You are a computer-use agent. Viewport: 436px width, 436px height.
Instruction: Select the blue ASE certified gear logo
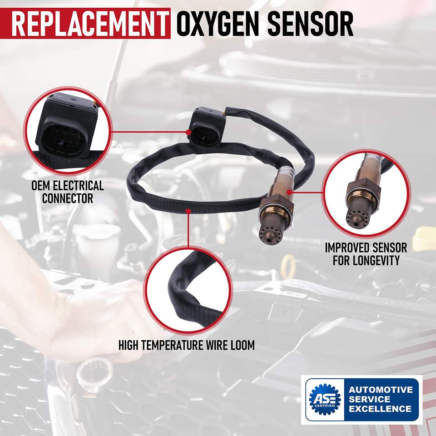click(x=325, y=399)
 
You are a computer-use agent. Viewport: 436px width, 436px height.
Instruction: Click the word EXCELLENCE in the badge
click(x=380, y=409)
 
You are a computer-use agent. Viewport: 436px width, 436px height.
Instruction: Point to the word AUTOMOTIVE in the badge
click(x=381, y=390)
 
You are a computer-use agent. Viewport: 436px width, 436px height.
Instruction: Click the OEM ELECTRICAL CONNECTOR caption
click(x=68, y=192)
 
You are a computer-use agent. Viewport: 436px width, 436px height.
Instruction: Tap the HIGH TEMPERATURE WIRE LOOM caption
click(x=187, y=345)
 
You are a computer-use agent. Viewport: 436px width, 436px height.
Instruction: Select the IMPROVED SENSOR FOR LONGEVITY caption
click(x=366, y=254)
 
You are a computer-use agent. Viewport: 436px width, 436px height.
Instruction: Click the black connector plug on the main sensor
click(x=208, y=127)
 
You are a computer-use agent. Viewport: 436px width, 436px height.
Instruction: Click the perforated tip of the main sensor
click(x=270, y=233)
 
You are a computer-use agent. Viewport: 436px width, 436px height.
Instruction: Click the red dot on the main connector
click(x=188, y=132)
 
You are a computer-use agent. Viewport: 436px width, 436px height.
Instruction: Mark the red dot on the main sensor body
click(x=289, y=192)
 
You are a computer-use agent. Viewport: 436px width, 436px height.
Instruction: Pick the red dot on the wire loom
click(x=188, y=211)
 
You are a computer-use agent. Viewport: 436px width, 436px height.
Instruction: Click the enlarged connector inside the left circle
click(x=67, y=125)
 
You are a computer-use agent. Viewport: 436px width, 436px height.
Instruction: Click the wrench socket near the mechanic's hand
click(x=95, y=372)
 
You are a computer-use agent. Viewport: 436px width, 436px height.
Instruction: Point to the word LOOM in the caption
click(x=243, y=345)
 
